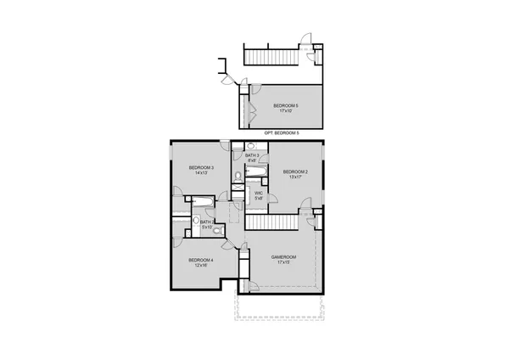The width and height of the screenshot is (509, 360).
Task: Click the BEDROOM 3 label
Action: (x=201, y=167)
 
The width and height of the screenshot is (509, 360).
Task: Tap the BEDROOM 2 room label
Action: (x=295, y=172)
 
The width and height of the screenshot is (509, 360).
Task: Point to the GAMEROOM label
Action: (x=282, y=256)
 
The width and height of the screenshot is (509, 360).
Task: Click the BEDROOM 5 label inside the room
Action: (x=286, y=104)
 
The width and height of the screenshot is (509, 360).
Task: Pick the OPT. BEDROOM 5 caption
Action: (x=282, y=133)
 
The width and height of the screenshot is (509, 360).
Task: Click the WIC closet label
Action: (x=260, y=194)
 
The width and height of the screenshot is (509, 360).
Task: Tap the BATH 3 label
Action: (x=252, y=155)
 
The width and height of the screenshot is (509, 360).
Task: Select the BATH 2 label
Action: (x=206, y=222)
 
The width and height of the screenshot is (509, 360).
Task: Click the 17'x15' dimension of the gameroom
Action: (x=282, y=262)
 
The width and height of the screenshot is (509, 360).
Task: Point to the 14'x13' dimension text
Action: (x=201, y=173)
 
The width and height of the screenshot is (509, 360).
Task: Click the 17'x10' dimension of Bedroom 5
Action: (x=286, y=110)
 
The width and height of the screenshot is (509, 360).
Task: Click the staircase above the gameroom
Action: (x=272, y=221)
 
